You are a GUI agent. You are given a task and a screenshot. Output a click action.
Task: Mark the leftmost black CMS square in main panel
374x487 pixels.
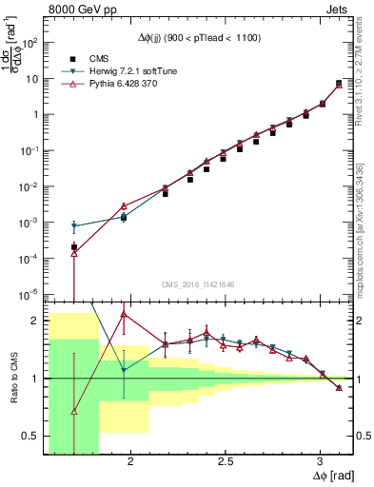click(74, 247)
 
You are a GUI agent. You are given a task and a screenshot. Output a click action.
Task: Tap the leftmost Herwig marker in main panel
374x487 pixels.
click(74, 226)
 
